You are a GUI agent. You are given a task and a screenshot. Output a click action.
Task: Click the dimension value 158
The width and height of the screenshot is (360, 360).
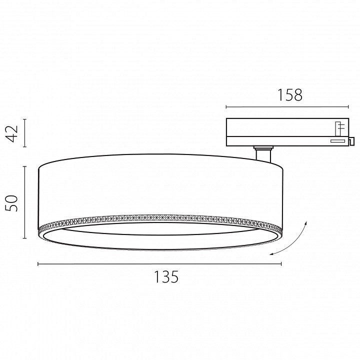(290, 95)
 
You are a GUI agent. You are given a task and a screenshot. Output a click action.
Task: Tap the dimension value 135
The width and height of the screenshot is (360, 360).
(166, 277)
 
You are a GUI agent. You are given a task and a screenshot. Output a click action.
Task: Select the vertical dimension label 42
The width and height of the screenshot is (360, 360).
(12, 133)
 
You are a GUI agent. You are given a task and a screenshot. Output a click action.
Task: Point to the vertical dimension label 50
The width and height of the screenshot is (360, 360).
(12, 203)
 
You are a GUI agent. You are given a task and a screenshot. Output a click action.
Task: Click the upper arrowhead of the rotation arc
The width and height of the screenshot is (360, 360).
(305, 223)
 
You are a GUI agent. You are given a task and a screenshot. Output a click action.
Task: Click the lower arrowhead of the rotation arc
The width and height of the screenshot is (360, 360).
(272, 254)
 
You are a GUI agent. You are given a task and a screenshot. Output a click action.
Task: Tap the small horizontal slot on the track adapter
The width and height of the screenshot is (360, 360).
(337, 141)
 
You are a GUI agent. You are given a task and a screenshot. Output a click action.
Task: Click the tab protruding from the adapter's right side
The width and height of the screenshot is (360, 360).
(351, 141)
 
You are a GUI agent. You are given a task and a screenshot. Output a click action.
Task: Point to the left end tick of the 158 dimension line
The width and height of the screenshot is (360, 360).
(226, 107)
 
